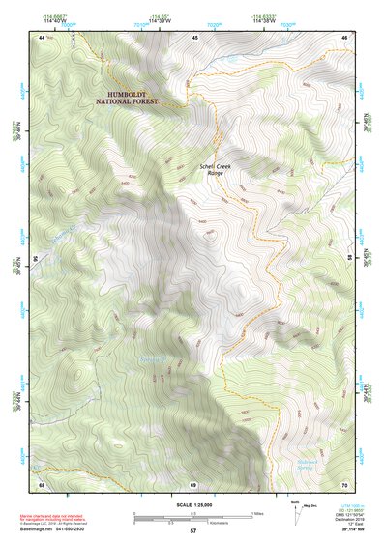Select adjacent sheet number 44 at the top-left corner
(42, 37)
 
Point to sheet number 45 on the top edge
(193, 37)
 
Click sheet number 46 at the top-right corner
(344, 37)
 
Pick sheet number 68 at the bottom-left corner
(42, 483)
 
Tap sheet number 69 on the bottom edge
(193, 483)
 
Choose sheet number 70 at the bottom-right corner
(344, 483)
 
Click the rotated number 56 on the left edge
(40, 259)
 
